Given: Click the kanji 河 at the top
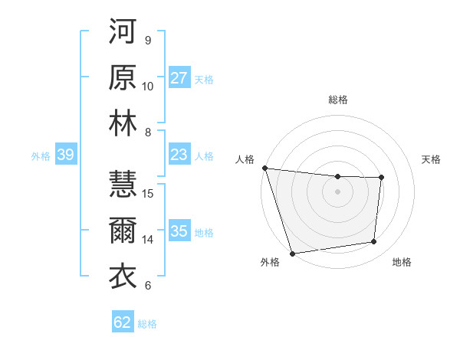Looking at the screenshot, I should coord(123,33).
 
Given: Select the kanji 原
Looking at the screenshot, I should coord(123,79).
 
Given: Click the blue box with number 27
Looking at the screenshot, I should coord(179,78).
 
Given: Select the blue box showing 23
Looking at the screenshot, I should coord(179,155).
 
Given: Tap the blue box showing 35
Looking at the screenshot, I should coord(179,232).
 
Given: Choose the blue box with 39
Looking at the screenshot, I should coord(65,155).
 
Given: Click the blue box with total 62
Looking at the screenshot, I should coord(123,322).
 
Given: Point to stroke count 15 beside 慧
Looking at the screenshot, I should coord(149,193).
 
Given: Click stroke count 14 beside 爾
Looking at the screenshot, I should coord(149,239).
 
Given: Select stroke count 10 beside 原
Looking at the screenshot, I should coord(148,86).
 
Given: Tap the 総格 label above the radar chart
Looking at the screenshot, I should coord(338,100).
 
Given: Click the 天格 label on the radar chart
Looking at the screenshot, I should coord(432,159).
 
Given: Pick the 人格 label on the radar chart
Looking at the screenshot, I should coord(245,159).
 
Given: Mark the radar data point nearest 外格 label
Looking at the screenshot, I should coord(292,253).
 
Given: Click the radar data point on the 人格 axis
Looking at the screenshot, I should coord(264,168).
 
